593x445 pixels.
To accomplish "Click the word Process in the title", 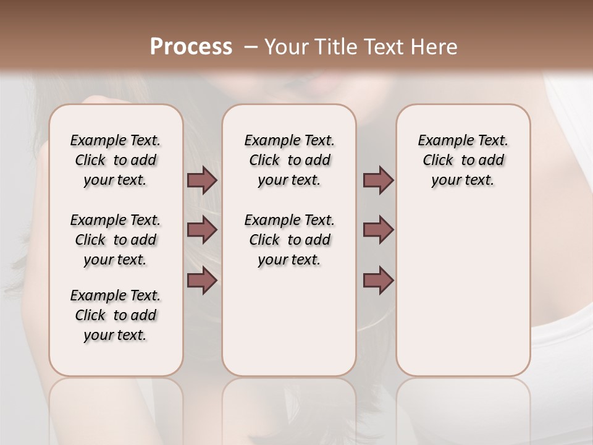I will tap(191, 46).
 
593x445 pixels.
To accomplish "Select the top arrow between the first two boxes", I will tap(202, 180).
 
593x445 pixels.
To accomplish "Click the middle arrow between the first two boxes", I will tap(202, 230).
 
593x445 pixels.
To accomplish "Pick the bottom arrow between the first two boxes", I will tap(202, 281).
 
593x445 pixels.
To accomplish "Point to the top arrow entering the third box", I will tap(378, 180).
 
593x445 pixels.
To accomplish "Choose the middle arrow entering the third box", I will tap(378, 230).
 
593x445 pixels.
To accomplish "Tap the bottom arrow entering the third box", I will tap(378, 281).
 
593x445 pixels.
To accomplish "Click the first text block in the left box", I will tap(116, 160).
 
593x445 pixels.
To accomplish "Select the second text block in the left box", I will tap(116, 240).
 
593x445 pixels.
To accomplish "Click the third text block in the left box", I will tap(116, 315).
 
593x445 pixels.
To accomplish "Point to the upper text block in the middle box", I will tap(289, 160).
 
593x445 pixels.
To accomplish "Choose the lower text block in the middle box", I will tap(289, 240).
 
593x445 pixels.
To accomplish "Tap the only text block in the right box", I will tap(463, 160).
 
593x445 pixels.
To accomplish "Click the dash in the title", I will tap(251, 47).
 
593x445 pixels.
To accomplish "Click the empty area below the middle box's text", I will tap(289, 321).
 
